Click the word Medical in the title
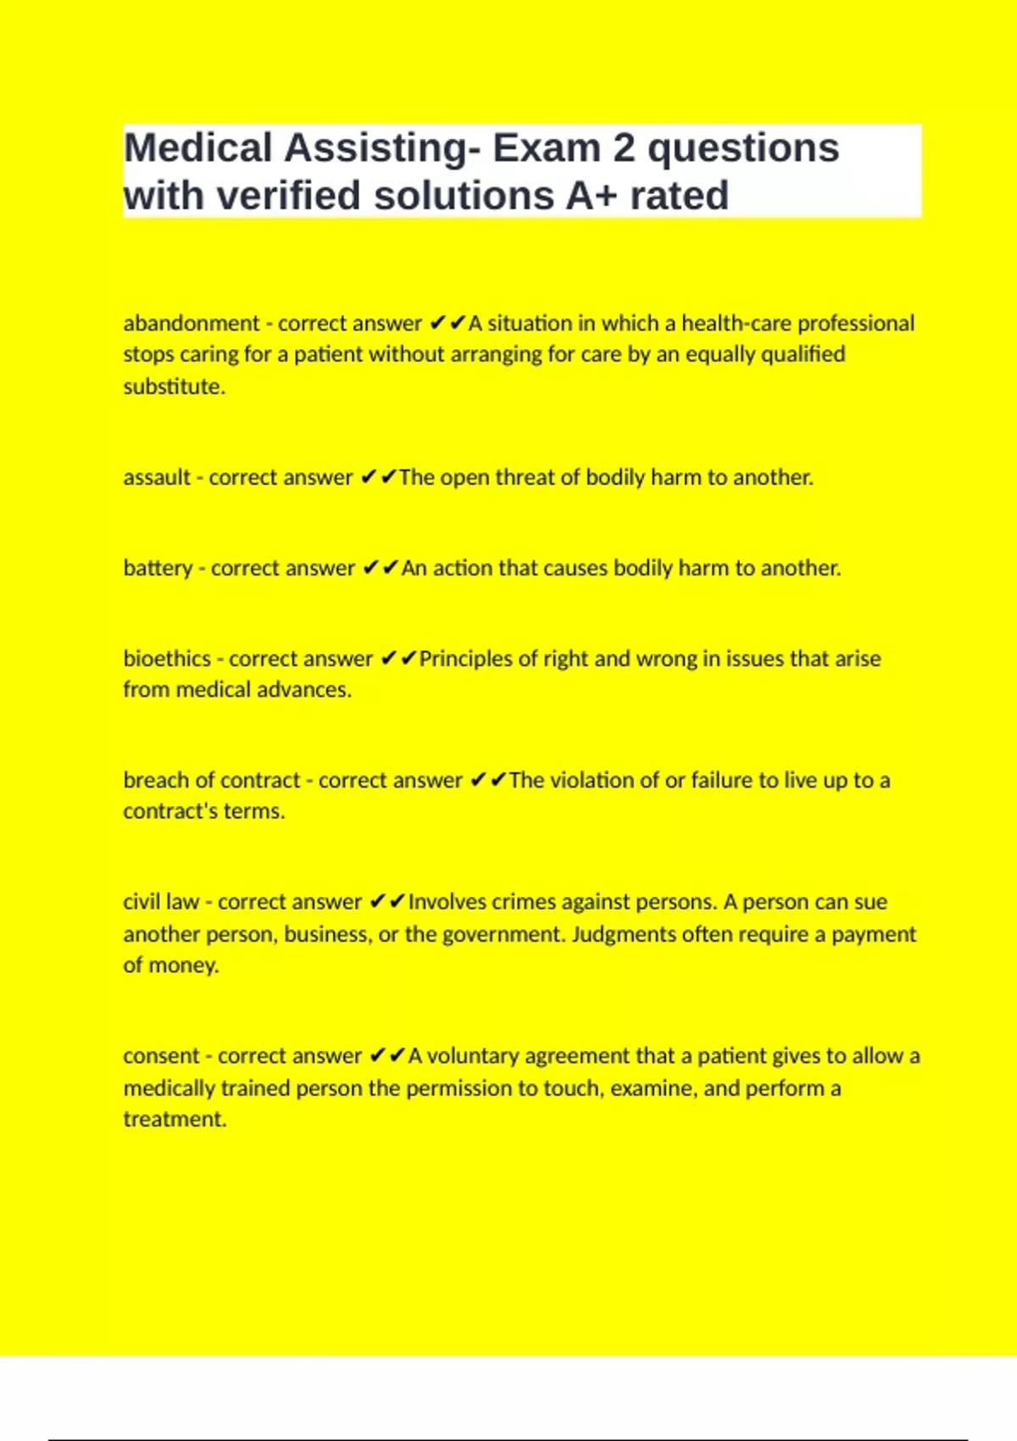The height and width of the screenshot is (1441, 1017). coord(198,148)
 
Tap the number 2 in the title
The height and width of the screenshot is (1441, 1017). coord(624,148)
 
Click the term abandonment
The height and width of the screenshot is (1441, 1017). coord(191,323)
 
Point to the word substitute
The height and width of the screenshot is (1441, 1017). coord(173,387)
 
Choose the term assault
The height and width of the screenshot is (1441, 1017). coord(157,477)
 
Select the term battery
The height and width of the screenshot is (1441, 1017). coord(158,568)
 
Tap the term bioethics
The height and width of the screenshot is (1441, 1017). coord(167,659)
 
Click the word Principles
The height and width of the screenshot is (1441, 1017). coord(467,659)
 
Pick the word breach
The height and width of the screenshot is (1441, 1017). coord(153,780)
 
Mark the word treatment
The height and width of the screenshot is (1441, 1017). coord(174,1119)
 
